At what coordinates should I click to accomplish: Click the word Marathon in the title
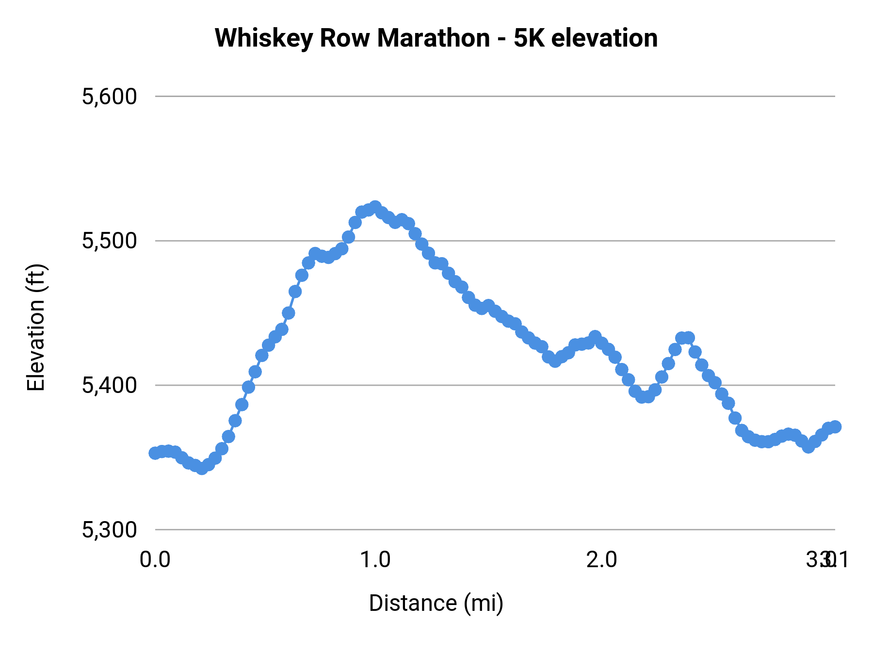pos(434,38)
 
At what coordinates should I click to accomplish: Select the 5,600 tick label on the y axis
pos(110,97)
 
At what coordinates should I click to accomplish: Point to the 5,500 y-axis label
pos(110,241)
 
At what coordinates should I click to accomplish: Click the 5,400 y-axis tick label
pos(110,385)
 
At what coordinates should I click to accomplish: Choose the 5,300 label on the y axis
pos(110,529)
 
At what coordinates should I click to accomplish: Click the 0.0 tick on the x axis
pos(155,560)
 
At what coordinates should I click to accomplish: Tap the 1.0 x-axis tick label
pos(375,560)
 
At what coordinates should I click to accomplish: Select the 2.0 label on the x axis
pos(602,560)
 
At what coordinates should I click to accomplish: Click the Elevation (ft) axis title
pos(36,327)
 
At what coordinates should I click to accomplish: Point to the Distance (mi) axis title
pos(436,603)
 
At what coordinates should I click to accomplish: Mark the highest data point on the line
pos(375,207)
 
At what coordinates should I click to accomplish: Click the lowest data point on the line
pos(202,468)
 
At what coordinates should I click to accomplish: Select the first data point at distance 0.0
pos(155,453)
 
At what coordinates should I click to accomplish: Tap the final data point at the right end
pos(835,426)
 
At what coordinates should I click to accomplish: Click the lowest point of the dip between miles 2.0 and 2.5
pos(642,397)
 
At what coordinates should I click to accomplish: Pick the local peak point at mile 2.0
pos(595,336)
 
